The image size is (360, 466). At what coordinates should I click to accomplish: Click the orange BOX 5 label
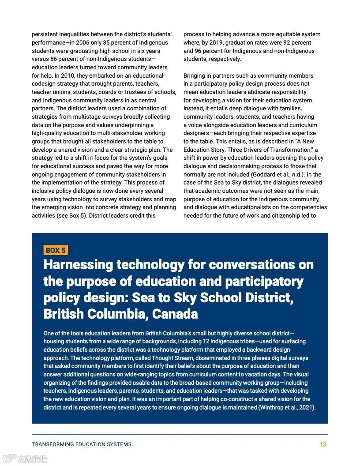(56, 250)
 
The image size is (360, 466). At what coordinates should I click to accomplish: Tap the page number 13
(322, 444)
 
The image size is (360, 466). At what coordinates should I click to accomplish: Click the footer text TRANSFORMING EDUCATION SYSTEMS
(82, 444)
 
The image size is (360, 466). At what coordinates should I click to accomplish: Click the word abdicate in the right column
(266, 92)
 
